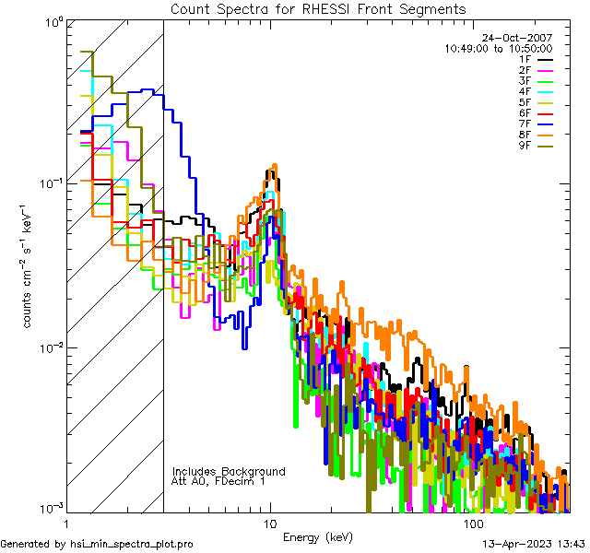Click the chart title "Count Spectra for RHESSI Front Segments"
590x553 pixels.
[x=318, y=9]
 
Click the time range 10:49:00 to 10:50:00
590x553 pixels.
[x=499, y=48]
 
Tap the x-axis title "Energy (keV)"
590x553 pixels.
[x=318, y=537]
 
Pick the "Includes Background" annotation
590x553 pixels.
[x=229, y=471]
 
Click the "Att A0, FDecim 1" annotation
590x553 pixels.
[x=218, y=481]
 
